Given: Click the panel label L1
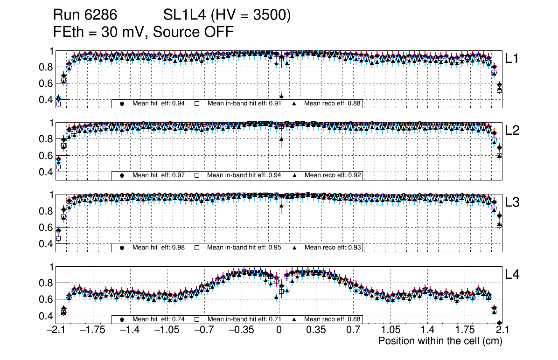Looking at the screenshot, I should point(513,59).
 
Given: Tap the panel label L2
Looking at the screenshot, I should point(513,131).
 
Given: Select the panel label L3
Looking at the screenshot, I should point(513,203).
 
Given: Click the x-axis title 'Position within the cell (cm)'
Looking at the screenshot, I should point(440,341).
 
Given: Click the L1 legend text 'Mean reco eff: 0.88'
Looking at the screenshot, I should point(333,104).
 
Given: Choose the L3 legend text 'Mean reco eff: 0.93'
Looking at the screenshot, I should point(333,247).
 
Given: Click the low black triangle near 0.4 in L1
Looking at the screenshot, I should point(281,96).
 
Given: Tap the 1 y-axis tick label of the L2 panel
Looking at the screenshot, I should point(52,123).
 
